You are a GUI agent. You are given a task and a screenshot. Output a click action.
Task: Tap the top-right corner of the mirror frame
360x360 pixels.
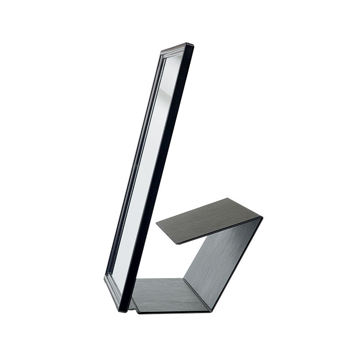[191, 45]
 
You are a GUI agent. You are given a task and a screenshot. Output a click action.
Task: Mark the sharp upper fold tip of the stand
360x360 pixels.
[262, 218]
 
